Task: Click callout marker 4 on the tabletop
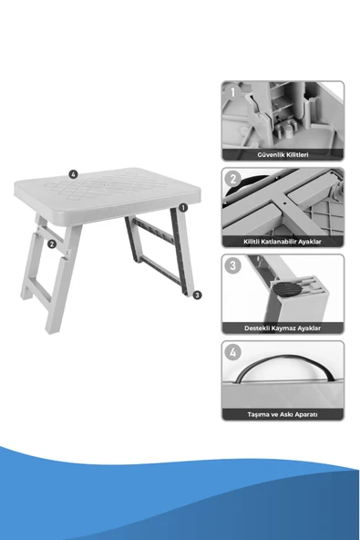coord(73,174)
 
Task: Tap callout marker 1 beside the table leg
coord(183,208)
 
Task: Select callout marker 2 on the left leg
coord(52,244)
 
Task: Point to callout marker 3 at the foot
coord(197,296)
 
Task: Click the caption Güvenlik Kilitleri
coord(283,155)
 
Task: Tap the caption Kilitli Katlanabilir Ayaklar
coord(283,242)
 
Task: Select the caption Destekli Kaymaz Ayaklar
coord(283,328)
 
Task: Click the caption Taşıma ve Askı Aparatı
coord(283,414)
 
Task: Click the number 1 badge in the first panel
coord(233,92)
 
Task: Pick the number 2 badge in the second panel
coord(233,179)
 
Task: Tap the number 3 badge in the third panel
coord(233,265)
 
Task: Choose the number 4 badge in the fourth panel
coord(233,353)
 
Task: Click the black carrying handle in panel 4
coord(285,358)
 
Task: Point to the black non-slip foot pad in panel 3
coord(286,289)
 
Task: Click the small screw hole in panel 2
coord(284,203)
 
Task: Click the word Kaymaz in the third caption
coord(283,328)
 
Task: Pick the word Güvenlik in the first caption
coord(270,155)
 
